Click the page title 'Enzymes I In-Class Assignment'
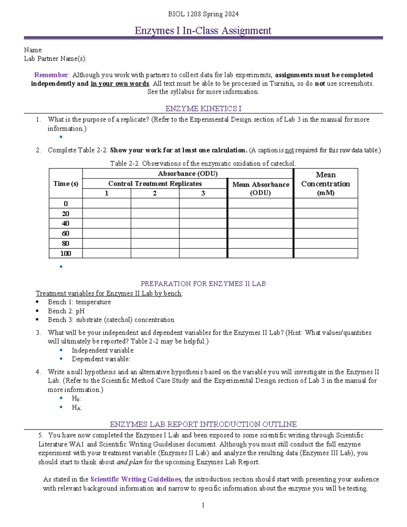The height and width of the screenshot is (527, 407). click(x=203, y=31)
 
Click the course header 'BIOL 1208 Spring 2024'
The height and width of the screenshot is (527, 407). click(x=203, y=14)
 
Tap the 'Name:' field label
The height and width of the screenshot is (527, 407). click(x=33, y=50)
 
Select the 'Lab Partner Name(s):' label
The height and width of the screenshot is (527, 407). click(x=55, y=59)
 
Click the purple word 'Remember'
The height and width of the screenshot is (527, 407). click(x=51, y=75)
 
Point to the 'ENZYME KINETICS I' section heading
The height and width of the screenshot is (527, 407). click(x=203, y=109)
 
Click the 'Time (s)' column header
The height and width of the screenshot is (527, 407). click(x=66, y=184)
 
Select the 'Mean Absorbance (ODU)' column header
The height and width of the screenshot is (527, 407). click(x=260, y=189)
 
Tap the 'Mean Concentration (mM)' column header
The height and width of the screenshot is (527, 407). click(x=326, y=184)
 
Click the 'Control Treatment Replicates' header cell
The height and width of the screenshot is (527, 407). click(x=155, y=184)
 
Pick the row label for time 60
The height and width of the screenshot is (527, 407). click(x=66, y=233)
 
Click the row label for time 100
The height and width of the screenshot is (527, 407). click(x=66, y=253)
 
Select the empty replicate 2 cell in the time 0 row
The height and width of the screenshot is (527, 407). click(x=155, y=204)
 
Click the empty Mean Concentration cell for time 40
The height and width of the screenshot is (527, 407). click(x=326, y=223)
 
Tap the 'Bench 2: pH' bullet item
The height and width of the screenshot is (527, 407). click(x=66, y=311)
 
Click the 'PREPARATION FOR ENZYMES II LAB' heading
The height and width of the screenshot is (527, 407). click(x=203, y=284)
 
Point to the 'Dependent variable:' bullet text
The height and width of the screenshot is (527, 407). click(x=101, y=359)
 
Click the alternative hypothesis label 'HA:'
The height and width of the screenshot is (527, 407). click(x=77, y=408)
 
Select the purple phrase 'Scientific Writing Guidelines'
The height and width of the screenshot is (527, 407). click(x=136, y=479)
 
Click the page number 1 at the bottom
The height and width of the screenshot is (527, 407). click(x=203, y=505)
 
